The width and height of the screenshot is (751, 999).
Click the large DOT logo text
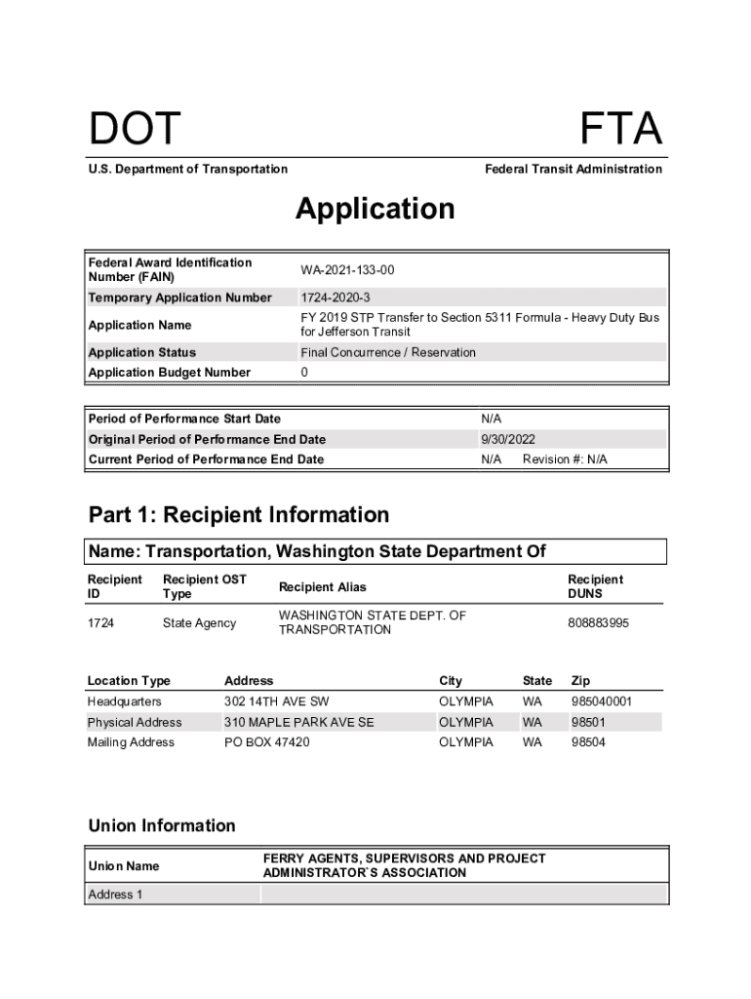pos(135,130)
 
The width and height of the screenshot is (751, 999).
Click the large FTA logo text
pos(621,130)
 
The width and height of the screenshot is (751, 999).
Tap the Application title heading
pos(375,209)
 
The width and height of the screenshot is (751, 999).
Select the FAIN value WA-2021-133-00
pos(347,270)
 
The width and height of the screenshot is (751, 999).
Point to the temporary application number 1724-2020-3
pos(335,298)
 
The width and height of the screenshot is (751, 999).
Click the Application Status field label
pos(142,352)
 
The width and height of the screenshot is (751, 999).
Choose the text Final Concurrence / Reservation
pos(388,352)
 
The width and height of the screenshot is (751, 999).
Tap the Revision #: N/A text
pos(565,460)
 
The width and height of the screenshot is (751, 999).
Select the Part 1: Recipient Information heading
pos(239,514)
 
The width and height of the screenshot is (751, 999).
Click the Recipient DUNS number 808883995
pos(599,622)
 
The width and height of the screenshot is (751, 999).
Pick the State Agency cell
pos(199,622)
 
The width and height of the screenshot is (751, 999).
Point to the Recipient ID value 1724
pos(101,622)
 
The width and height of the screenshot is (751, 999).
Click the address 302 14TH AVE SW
pos(277,701)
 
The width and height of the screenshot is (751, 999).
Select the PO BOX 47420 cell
pos(267,742)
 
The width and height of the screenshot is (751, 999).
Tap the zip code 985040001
pos(602,701)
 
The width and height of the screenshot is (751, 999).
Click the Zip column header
pos(581,681)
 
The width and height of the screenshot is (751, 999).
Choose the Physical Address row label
pos(135,722)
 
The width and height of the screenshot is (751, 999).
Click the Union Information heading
pos(162,825)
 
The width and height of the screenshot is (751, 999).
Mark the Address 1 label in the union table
pos(115,895)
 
